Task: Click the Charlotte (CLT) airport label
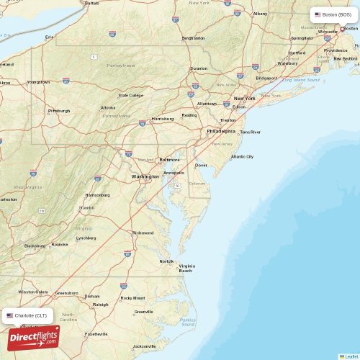(x=28, y=315)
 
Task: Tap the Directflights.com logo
(x=34, y=337)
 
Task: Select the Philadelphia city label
(x=220, y=131)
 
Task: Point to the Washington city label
(x=145, y=176)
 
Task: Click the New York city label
(x=245, y=98)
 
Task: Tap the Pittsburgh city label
(x=59, y=111)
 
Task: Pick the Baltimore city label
(x=169, y=159)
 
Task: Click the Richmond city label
(x=143, y=233)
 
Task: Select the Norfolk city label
(x=166, y=261)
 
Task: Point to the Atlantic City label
(x=242, y=156)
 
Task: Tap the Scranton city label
(x=198, y=68)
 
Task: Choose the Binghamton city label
(x=194, y=37)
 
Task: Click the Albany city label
(x=260, y=14)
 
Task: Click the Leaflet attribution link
(x=350, y=356)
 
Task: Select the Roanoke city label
(x=60, y=244)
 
